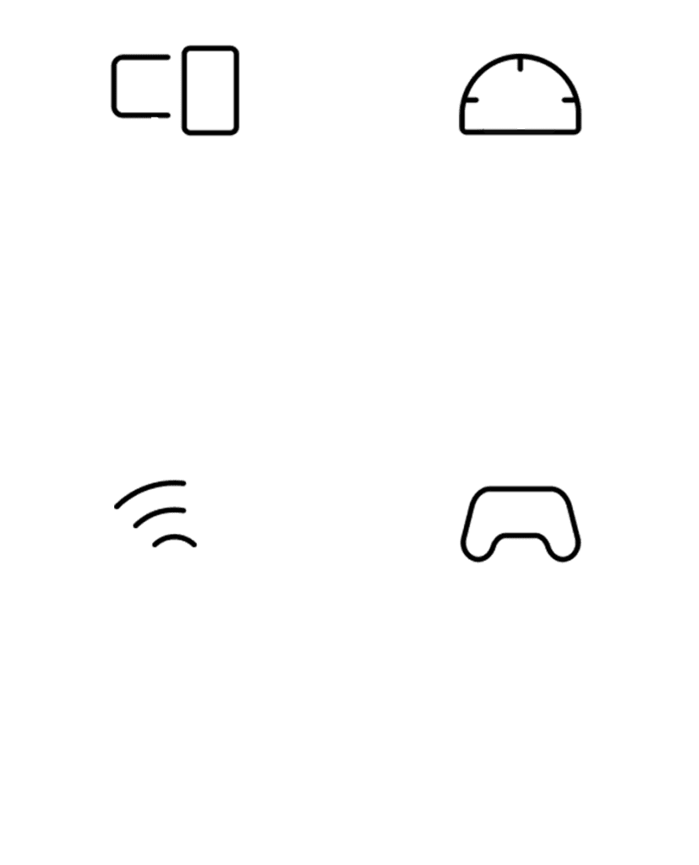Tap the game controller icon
520,520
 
